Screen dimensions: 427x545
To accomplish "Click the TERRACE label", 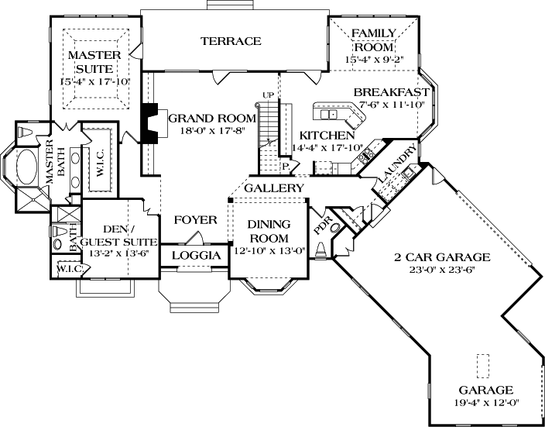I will (x=231, y=41).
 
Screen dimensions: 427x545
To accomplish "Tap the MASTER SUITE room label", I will (x=94, y=61).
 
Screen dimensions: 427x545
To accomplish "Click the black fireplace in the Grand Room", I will (x=149, y=121).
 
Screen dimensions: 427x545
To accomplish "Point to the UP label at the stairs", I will (x=269, y=95).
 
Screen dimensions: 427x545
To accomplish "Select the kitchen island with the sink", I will (x=340, y=115).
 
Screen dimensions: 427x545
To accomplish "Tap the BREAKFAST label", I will (x=391, y=92).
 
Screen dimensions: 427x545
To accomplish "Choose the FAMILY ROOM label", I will (x=374, y=39).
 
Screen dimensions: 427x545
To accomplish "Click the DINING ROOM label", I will (x=268, y=231).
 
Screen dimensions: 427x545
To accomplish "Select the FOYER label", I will (x=195, y=220).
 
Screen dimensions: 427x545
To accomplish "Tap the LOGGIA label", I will (x=195, y=256).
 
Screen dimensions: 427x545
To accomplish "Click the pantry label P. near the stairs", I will (x=285, y=165).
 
